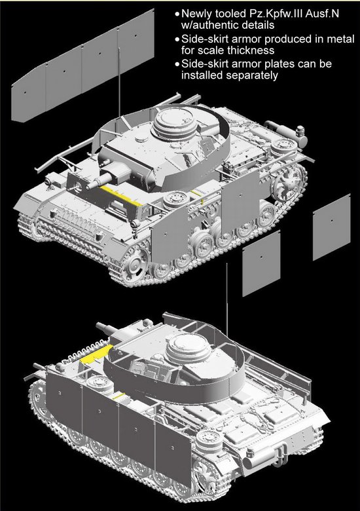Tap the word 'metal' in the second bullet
click(341, 39)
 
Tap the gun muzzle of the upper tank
click(89, 186)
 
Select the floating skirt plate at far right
click(332, 227)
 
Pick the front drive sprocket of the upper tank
click(137, 260)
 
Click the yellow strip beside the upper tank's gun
click(120, 196)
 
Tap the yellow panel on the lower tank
click(94, 354)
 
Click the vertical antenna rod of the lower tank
click(227, 300)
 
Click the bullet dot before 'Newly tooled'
click(177, 14)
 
